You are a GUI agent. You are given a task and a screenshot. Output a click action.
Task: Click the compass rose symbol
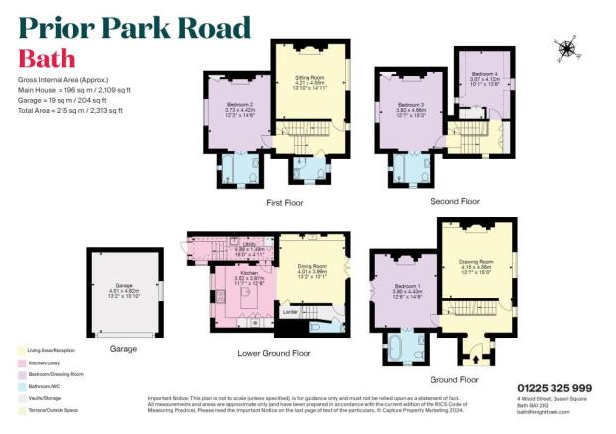tap(567, 46)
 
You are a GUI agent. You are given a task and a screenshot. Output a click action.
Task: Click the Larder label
tap(291, 312)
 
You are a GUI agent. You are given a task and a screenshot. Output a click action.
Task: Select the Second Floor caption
tap(456, 201)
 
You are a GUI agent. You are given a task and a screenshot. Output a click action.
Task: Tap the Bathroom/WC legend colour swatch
tap(22, 374)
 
